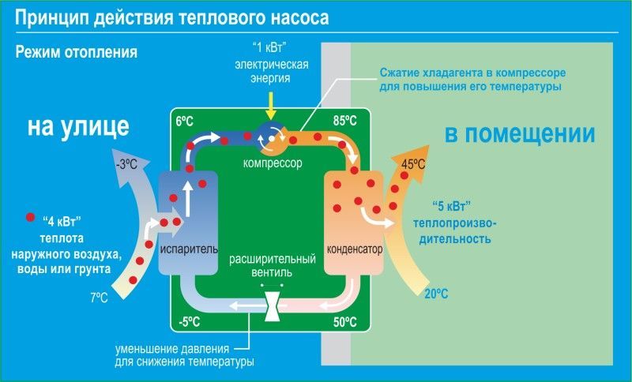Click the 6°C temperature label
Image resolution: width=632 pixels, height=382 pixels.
point(184,121)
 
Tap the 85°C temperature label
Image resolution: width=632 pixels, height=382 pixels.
point(345,121)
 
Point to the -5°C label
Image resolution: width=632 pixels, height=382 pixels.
point(190,321)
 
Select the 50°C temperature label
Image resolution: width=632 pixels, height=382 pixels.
point(345,321)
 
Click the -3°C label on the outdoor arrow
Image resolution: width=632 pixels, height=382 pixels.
point(127,166)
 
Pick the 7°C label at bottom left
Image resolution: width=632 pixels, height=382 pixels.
point(99,298)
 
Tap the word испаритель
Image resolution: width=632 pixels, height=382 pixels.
point(188,249)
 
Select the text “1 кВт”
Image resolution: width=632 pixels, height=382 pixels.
point(269,45)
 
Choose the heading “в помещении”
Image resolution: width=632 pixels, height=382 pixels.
point(520,134)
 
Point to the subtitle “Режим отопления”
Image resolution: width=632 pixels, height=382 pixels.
point(77,53)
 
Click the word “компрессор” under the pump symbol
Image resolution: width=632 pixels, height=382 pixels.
point(270,163)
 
